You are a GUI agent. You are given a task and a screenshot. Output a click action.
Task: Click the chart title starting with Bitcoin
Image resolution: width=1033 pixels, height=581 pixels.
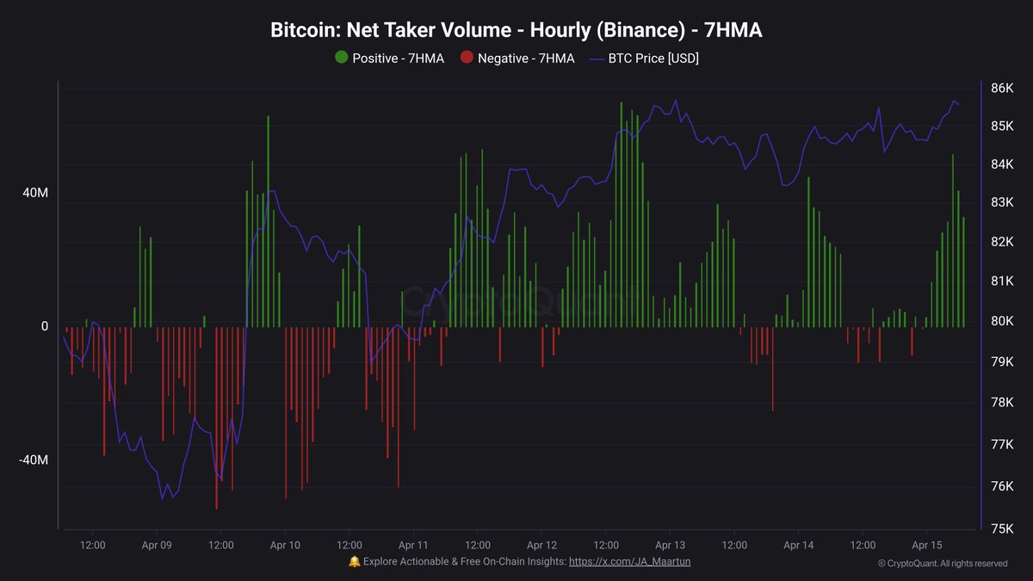(516, 31)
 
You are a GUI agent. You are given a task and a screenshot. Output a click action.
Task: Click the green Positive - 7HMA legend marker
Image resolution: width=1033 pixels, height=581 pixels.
(342, 59)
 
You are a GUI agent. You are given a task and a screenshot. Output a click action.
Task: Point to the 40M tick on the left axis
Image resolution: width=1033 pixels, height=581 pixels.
(34, 194)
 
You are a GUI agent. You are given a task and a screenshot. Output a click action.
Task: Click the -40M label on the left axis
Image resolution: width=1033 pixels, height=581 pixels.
(33, 460)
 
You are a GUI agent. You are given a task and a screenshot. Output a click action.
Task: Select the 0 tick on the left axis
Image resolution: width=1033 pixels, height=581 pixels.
(44, 327)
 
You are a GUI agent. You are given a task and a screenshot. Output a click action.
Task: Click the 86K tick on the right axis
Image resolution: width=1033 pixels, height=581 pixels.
(1002, 88)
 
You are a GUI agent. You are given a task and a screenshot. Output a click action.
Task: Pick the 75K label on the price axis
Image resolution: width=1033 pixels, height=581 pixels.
(1002, 528)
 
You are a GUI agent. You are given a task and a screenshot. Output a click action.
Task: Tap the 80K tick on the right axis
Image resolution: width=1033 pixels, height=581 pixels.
(1002, 321)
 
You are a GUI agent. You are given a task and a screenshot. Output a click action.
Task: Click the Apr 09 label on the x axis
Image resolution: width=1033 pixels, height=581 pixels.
(156, 545)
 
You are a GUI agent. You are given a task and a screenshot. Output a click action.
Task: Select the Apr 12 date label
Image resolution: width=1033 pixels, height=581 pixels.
(541, 545)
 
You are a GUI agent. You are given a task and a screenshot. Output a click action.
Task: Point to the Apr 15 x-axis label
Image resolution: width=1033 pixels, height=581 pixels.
(926, 545)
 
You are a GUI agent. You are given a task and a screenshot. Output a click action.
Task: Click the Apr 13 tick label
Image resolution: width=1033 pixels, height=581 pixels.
(670, 545)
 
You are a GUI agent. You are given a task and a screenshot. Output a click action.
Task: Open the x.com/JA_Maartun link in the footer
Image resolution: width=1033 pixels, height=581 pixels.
(629, 561)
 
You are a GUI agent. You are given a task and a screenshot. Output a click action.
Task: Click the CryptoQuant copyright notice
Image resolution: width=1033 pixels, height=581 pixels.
(943, 564)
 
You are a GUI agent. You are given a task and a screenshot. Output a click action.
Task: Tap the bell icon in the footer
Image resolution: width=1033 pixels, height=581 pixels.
(354, 561)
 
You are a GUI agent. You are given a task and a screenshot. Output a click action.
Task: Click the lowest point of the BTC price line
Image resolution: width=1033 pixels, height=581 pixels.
(162, 498)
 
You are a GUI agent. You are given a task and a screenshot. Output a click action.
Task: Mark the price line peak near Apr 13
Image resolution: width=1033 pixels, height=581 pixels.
(675, 101)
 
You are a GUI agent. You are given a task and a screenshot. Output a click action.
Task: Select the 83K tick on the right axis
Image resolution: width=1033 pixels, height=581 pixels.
(1002, 202)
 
